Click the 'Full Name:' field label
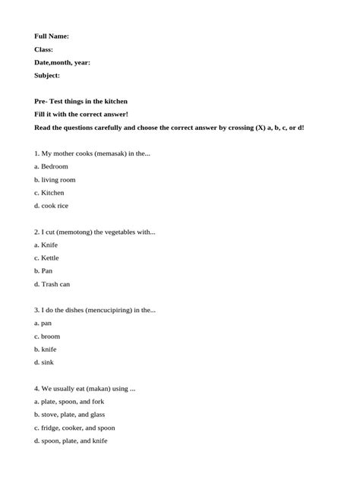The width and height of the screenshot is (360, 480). [52, 36]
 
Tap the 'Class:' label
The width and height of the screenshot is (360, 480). [44, 49]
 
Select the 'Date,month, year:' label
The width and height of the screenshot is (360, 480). [62, 62]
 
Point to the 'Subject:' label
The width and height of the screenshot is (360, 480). [47, 75]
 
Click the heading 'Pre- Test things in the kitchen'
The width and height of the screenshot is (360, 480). [81, 101]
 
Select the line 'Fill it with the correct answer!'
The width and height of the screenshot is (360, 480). [81, 114]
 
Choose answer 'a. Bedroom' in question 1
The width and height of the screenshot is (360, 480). [51, 166]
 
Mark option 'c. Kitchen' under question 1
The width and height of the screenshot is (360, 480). [49, 193]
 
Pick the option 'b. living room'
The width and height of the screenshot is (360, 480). [55, 180]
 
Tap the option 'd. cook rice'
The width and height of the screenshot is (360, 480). [51, 206]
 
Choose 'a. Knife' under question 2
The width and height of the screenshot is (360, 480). [46, 245]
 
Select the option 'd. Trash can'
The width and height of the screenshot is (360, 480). [52, 284]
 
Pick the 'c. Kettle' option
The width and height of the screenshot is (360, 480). [46, 258]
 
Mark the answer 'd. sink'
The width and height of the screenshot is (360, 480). [44, 362]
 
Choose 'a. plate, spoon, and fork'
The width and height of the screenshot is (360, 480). [69, 402]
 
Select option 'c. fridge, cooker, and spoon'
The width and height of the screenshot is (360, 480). [74, 428]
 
